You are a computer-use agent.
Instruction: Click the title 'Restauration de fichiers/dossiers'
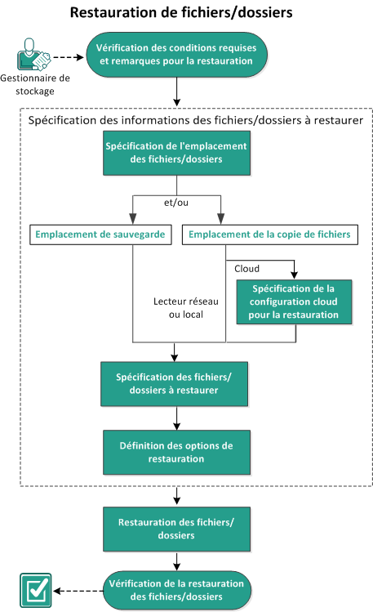[x=180, y=13]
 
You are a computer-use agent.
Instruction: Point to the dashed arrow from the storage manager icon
[x=69, y=56]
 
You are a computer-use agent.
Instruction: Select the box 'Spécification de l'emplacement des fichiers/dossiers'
[x=175, y=154]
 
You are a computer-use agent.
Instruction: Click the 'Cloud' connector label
[x=247, y=268]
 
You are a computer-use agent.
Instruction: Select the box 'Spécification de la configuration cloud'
[x=293, y=302]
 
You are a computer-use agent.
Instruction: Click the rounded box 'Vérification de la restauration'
[x=177, y=589]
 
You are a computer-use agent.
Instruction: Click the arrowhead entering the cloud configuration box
[x=293, y=276]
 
